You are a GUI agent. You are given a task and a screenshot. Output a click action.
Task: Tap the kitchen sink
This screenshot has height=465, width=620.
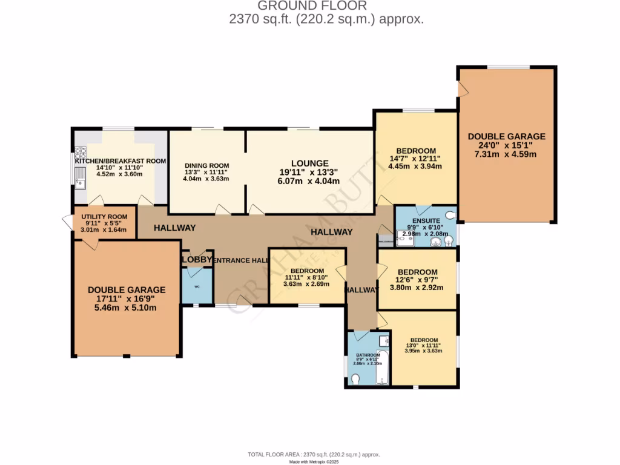coord(79,177)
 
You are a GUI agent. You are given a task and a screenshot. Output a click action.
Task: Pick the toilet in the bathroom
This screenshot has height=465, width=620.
coord(356,380)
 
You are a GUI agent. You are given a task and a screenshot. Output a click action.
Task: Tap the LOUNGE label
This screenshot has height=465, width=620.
coord(309,163)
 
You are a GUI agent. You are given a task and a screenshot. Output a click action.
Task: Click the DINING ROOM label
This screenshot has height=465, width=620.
coord(206,165)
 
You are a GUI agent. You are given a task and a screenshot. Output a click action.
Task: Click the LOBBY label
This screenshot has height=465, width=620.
coord(197,260)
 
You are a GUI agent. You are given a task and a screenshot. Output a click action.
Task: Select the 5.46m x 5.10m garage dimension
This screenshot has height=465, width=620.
coord(126,308)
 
